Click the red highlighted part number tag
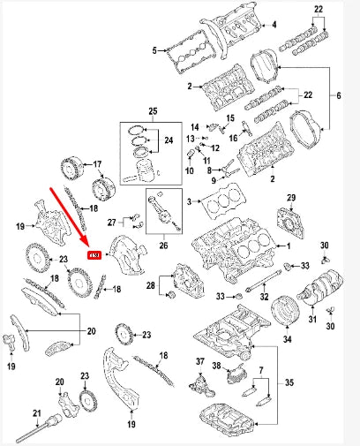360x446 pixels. pos(93,255)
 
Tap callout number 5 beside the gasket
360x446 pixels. pos(155,50)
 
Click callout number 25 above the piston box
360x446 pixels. pos(153,110)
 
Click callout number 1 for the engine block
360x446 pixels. pos(284,245)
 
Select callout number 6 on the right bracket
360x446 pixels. pos(337,94)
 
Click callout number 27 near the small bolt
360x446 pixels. pos(113,222)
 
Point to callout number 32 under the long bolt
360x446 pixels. pos(264,298)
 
